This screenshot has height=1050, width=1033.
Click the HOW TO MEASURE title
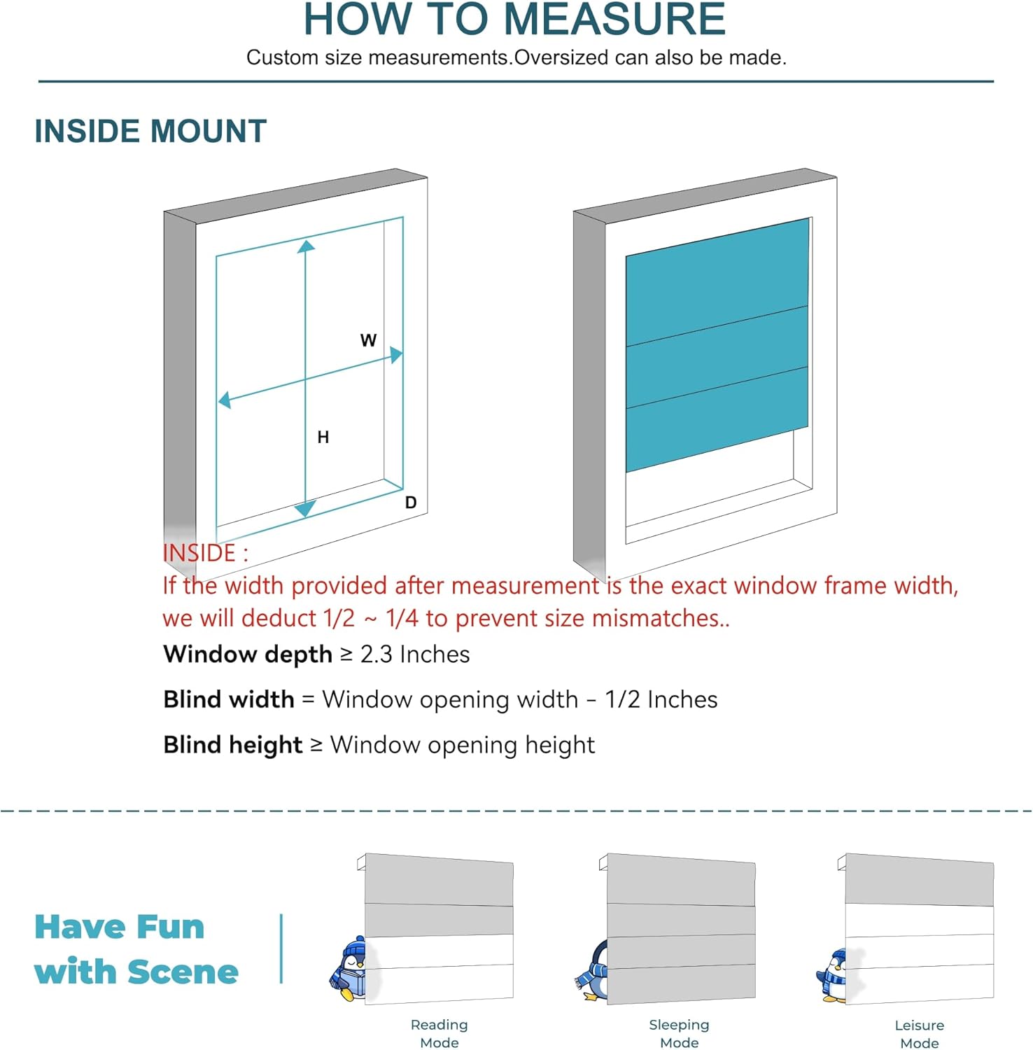pos(514,19)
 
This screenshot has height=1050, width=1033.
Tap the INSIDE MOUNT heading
pos(150,131)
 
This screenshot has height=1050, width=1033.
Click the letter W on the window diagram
pos(368,341)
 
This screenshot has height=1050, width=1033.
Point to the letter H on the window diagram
pos(323,437)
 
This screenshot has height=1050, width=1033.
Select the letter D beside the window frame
pos(411,503)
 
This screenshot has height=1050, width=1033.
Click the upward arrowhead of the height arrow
pos(306,246)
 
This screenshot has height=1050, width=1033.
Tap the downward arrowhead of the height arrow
pos(304,509)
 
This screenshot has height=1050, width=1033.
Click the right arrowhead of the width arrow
pos(397,355)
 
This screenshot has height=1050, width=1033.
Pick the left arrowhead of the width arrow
pos(225,400)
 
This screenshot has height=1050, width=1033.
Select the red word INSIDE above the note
pos(199,553)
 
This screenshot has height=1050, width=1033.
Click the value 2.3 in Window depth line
pos(376,654)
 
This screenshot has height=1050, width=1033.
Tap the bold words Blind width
pos(229,699)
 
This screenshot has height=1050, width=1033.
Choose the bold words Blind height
pos(233,745)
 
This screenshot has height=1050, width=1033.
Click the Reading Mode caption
pos(439,1033)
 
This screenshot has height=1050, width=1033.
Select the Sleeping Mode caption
pos(679,1033)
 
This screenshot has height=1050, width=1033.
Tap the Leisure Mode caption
pos(919,1034)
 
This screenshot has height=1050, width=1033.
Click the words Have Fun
pos(120,927)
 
